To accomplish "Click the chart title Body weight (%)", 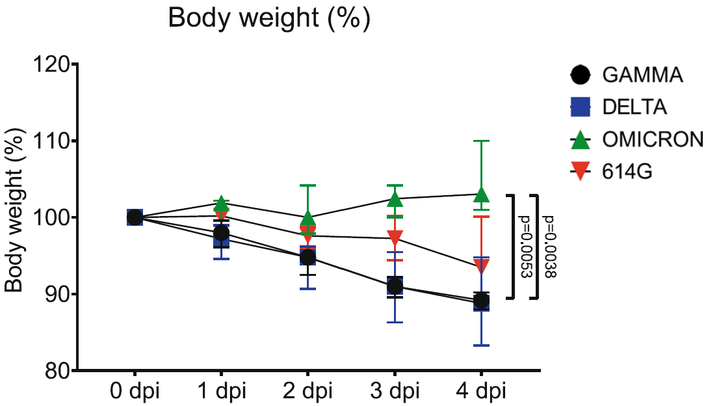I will click(269, 18).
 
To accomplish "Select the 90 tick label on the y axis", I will click(56, 294).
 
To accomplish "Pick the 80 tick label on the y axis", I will click(56, 370).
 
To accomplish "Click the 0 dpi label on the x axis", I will click(135, 392).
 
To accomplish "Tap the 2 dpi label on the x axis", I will click(307, 392).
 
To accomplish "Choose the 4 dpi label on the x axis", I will click(481, 392).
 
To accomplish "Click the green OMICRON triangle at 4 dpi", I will click(481, 195).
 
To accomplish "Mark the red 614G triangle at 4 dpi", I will click(481, 265).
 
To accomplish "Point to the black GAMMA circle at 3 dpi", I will click(395, 286).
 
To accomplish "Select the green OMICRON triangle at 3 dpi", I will click(395, 198).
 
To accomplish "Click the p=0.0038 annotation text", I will click(549, 246).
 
